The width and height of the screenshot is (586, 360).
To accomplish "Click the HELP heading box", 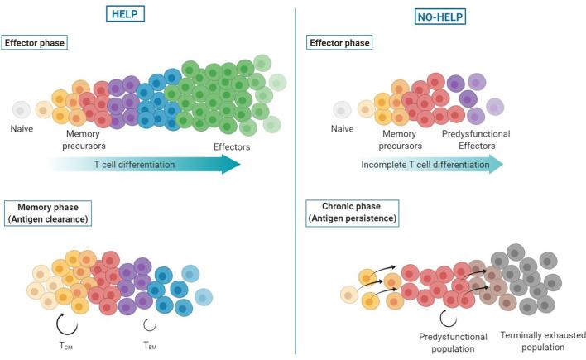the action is click(x=125, y=14).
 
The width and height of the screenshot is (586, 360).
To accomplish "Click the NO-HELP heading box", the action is click(x=440, y=17).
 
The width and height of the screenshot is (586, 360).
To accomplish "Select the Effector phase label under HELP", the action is click(x=35, y=42).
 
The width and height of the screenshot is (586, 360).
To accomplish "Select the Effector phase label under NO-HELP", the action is click(x=339, y=42).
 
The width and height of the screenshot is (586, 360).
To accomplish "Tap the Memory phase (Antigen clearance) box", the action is click(x=48, y=213).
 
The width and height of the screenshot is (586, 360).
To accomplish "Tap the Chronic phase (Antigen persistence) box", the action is click(x=353, y=213).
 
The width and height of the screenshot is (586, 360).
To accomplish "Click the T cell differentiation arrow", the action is click(x=144, y=164).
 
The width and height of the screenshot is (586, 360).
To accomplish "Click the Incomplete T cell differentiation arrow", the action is click(x=432, y=164).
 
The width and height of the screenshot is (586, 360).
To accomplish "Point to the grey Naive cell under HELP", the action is click(x=22, y=110).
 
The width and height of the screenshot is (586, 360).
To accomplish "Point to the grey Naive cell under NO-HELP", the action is click(x=342, y=110).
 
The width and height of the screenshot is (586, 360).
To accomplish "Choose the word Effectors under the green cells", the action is click(x=232, y=147).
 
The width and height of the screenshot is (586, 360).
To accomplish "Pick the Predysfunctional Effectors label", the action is click(x=476, y=140).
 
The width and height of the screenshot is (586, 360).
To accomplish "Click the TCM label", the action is click(x=65, y=346).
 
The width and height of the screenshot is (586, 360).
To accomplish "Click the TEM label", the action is click(x=150, y=345).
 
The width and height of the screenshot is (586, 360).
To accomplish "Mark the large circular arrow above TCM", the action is click(x=66, y=324).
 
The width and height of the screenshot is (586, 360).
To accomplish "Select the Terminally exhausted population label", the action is click(x=543, y=341).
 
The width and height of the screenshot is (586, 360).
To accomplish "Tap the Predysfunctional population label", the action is click(x=453, y=343).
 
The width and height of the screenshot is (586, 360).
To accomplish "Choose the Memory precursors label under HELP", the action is click(x=84, y=140).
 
